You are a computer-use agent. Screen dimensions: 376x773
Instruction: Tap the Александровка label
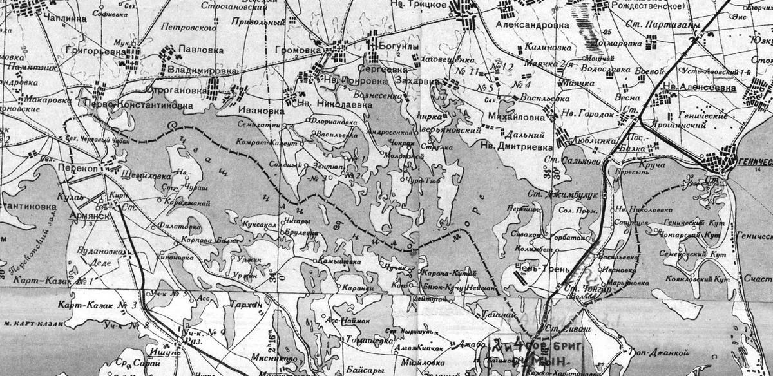click(533, 25)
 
